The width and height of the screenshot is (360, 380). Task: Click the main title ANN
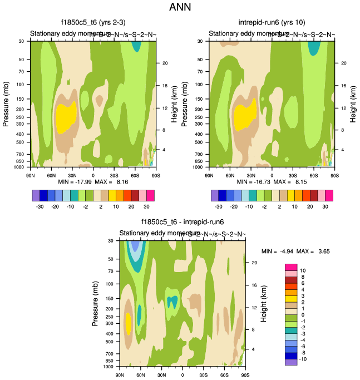180,8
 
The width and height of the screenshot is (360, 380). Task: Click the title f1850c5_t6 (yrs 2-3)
93,23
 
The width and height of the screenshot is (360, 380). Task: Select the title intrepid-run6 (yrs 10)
272,23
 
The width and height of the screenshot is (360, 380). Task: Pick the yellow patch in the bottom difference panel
129,323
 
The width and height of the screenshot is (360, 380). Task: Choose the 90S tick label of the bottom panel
245,374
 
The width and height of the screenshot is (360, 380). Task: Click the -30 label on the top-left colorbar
40,205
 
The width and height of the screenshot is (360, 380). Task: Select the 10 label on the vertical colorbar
302,270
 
